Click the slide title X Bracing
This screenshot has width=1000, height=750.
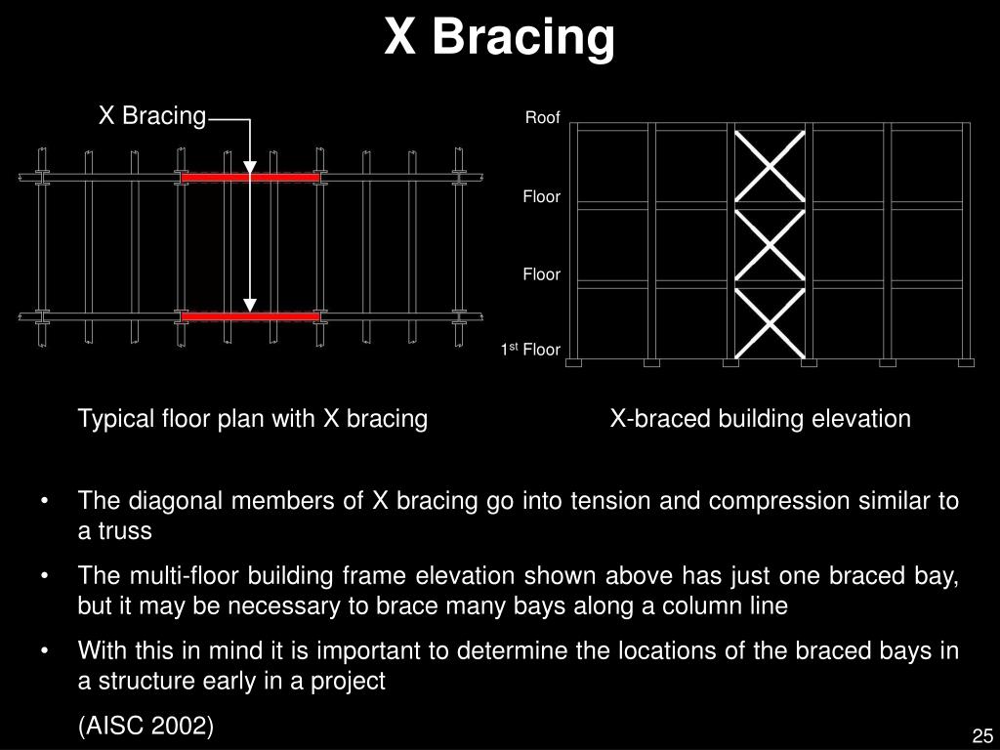(x=499, y=37)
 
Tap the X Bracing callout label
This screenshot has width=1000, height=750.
(x=152, y=116)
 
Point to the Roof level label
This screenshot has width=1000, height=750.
(x=543, y=118)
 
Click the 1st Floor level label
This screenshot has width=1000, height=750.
(x=531, y=350)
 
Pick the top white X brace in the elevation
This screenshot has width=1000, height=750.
(x=770, y=165)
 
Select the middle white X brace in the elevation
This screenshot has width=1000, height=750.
(x=770, y=244)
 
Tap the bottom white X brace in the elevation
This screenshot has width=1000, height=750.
(x=770, y=322)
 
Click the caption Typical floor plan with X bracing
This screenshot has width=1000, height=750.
(x=253, y=419)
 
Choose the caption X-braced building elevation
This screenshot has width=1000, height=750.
(x=760, y=419)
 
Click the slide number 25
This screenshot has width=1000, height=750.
(x=981, y=735)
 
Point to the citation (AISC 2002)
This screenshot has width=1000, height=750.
(x=146, y=726)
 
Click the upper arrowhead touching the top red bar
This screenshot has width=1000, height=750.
(x=250, y=168)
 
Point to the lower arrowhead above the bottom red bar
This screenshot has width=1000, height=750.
(x=250, y=304)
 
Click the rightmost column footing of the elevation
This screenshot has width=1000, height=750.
(x=966, y=363)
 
